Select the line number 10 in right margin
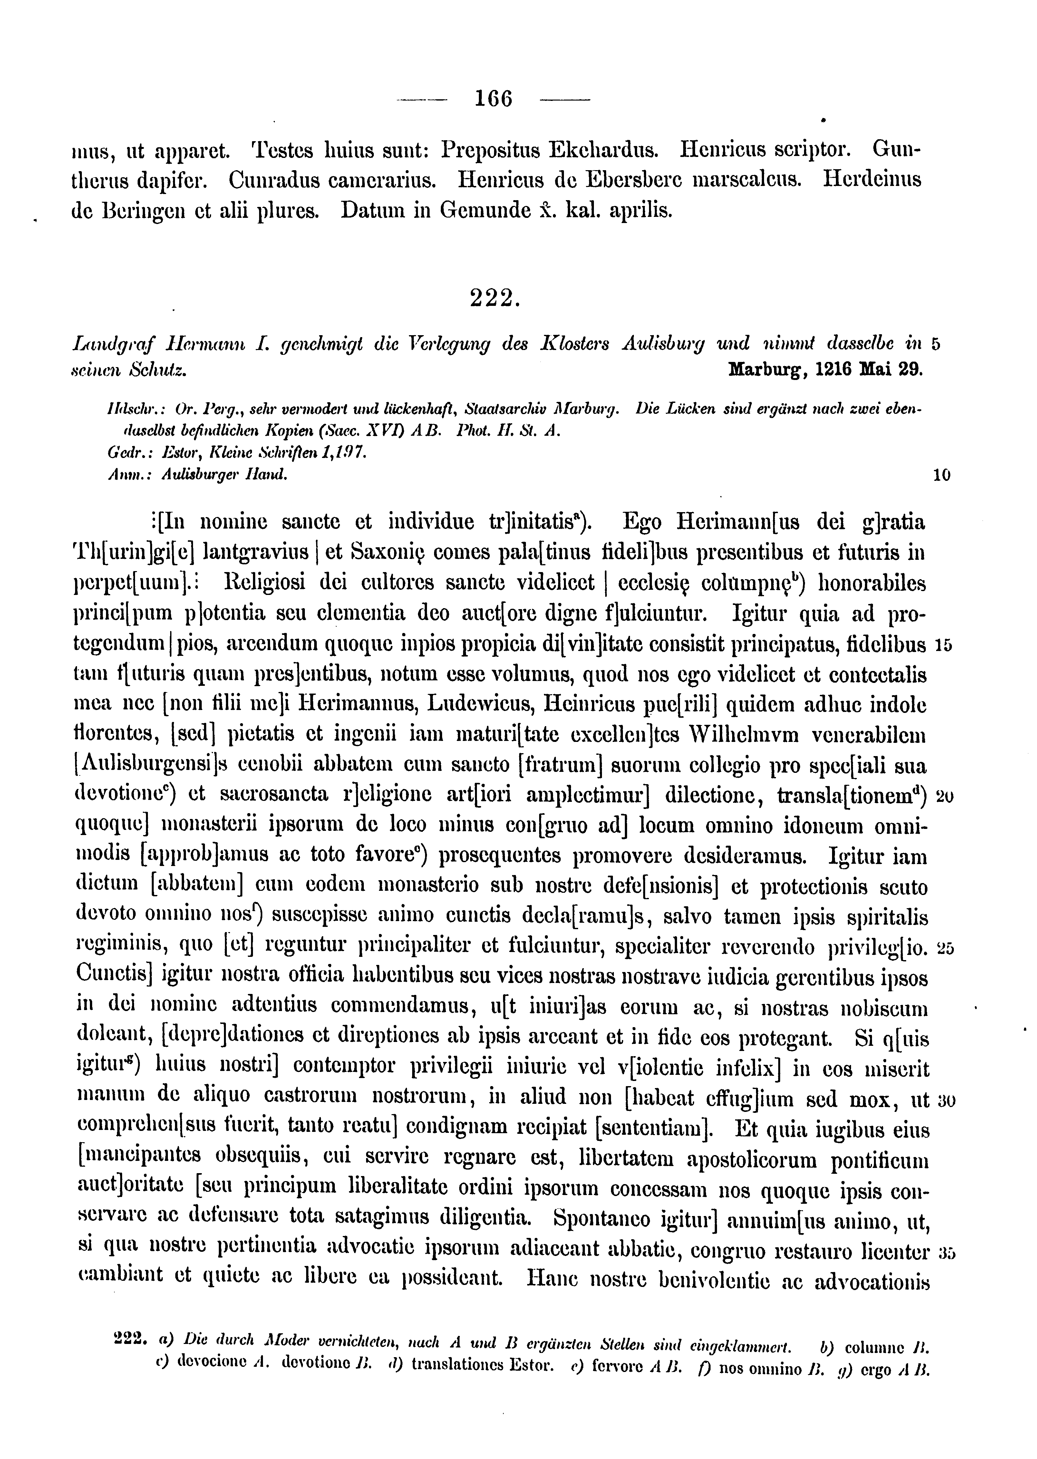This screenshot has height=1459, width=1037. (941, 475)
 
